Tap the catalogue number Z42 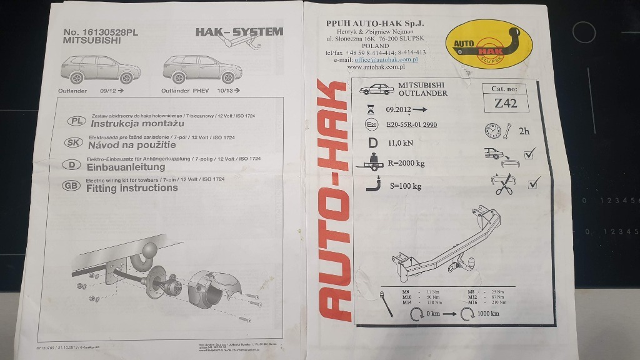pos(505,104)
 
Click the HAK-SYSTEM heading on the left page pos(239,32)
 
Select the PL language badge pos(74,122)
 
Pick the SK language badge pos(74,143)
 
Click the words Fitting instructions pos(132,187)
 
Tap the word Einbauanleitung pos(126,167)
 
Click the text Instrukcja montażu pos(124,123)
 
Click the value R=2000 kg pos(406,164)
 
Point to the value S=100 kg pos(405,186)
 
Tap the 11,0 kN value pos(400,142)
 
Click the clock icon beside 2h pos(492,131)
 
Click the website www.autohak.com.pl pos(374,67)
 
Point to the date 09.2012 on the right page pos(398,110)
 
